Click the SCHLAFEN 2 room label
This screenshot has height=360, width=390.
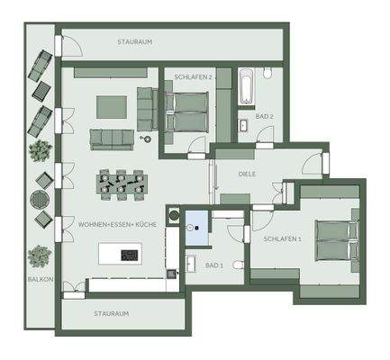point(194,77)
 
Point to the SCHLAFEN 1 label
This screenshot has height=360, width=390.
point(283,240)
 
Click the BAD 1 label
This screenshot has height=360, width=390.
point(213,265)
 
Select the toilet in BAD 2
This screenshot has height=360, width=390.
point(268,77)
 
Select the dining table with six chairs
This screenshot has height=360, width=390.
point(120,183)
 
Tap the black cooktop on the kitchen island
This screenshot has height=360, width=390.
point(127,255)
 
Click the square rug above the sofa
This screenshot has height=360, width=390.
point(113,105)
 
